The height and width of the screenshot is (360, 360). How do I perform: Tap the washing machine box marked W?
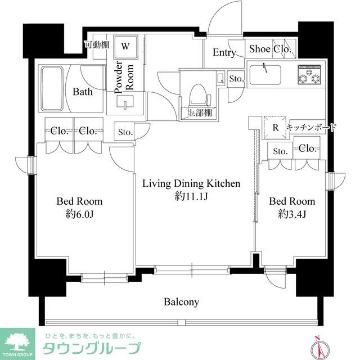pyautogui.click(x=125, y=46)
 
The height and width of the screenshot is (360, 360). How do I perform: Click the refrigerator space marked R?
pyautogui.click(x=275, y=127)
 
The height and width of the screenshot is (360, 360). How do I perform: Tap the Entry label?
pyautogui.click(x=224, y=52)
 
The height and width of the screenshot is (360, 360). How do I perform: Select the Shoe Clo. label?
pyautogui.click(x=270, y=49)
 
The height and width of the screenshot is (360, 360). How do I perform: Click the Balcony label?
pyautogui.click(x=181, y=302)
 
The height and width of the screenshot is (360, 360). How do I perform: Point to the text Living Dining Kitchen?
pyautogui.click(x=191, y=183)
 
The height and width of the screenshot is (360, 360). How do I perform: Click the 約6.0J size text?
pyautogui.click(x=79, y=214)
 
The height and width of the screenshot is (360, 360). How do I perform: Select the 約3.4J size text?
pyautogui.click(x=291, y=214)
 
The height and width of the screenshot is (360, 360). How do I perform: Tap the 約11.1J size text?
pyautogui.click(x=191, y=196)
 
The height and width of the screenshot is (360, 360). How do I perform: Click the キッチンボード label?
pyautogui.click(x=311, y=128)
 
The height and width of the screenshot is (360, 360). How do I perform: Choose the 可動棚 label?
pyautogui.click(x=96, y=45)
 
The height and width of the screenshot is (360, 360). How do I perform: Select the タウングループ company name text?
pyautogui.click(x=92, y=347)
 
